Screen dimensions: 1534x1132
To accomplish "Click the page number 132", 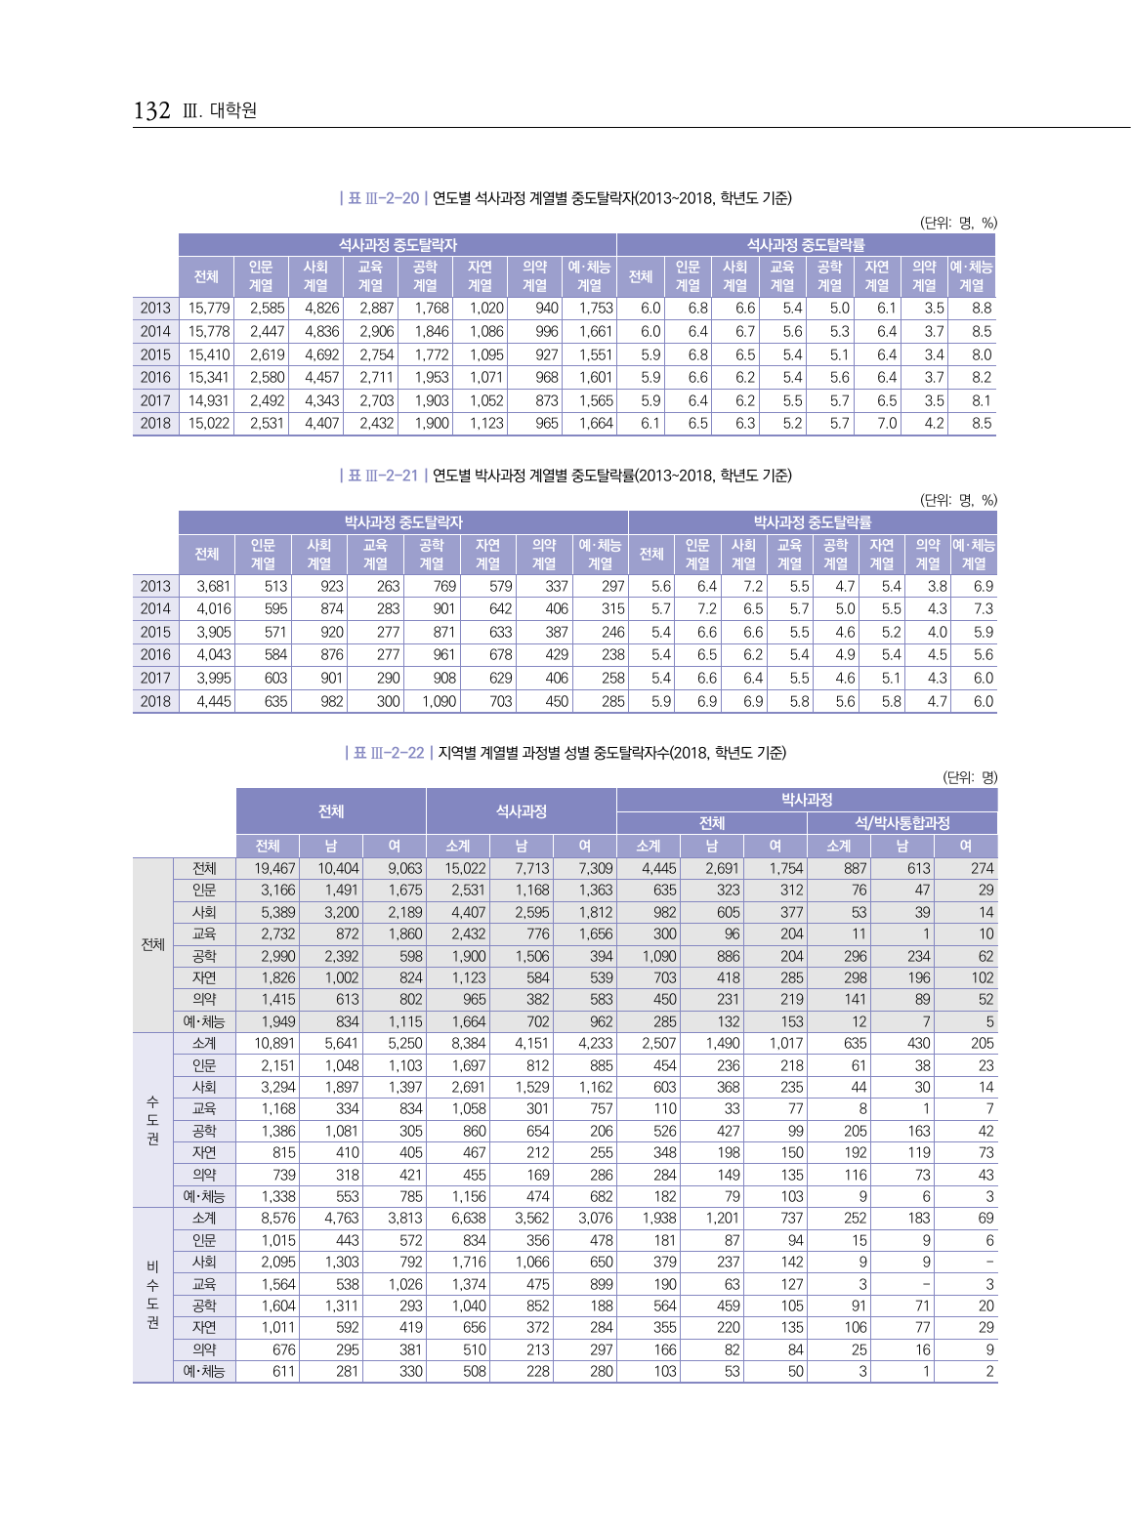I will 151,111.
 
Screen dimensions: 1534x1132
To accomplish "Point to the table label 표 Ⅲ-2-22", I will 388,753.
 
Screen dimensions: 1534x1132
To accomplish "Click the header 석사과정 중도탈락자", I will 398,245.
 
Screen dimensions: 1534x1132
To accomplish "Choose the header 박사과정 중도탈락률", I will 812,522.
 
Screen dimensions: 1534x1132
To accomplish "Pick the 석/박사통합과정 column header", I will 901,823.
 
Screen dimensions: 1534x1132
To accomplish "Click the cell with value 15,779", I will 209,308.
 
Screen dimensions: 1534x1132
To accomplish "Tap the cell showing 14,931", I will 209,400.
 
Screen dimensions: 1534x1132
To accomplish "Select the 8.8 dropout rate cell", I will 981,308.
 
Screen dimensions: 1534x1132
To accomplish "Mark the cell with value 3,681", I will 213,586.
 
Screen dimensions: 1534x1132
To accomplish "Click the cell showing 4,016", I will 213,608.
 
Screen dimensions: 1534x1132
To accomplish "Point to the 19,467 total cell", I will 274,868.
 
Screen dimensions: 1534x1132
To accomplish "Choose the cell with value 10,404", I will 338,868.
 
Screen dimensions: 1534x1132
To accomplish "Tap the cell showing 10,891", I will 274,1043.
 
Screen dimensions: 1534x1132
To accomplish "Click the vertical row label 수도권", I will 152,1120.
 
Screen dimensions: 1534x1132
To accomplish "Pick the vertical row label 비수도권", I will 152,1295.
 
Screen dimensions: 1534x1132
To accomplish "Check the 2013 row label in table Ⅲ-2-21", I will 155,586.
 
